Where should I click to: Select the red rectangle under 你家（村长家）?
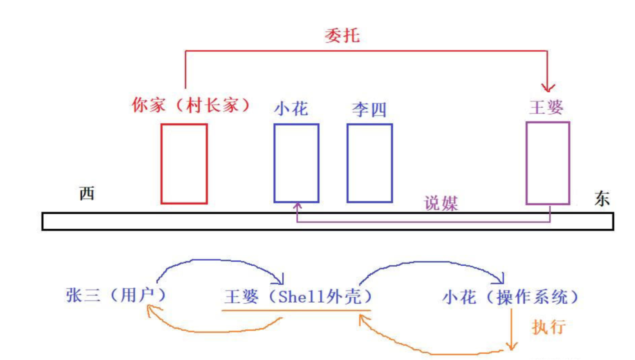coord(184,163)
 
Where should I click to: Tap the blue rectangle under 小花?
coord(296,163)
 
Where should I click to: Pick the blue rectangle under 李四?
coord(369,163)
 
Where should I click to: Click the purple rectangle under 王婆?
coord(548,163)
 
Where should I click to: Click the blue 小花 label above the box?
coord(291,108)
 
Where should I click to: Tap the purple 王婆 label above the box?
coord(546,107)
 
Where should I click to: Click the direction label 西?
coord(87,194)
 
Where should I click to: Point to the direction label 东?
coord(602,199)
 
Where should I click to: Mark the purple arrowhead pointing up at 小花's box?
coord(297,206)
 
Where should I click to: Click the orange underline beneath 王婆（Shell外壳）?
coord(296,310)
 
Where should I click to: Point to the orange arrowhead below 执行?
coord(511,346)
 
